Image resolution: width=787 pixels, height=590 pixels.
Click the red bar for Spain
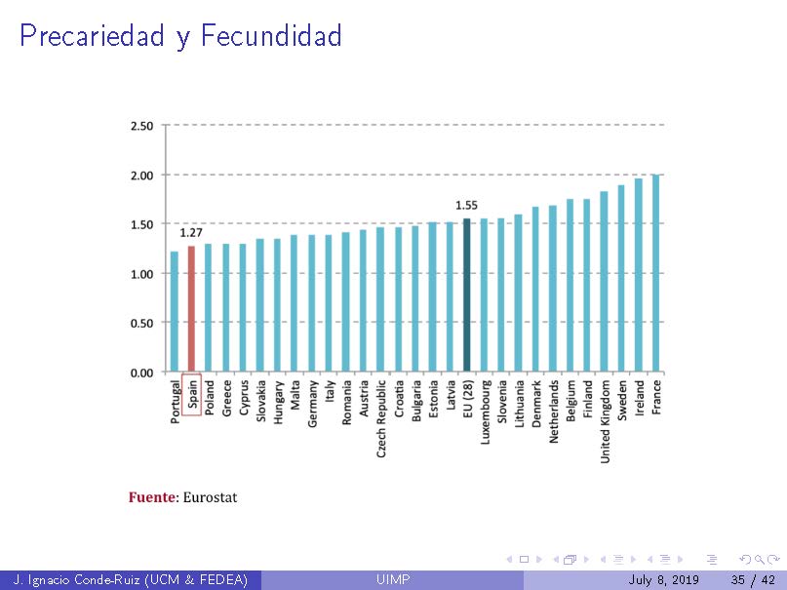coord(191,308)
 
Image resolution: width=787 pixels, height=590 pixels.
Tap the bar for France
coord(655,273)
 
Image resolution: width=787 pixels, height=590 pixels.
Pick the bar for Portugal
coord(175,311)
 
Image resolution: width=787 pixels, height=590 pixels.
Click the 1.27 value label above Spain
coord(191,233)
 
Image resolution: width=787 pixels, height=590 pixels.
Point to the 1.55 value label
coord(466,206)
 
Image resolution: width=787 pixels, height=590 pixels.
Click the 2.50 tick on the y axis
coord(141,126)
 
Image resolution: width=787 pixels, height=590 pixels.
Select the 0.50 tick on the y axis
coord(141,323)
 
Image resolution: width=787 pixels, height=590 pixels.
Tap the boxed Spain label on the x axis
coord(192,394)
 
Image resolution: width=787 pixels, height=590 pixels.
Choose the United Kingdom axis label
coord(605,420)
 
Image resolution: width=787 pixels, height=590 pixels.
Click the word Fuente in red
coord(151,497)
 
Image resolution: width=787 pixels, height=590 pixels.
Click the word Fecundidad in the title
coord(272,37)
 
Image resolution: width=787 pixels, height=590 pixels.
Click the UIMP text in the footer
coord(393,581)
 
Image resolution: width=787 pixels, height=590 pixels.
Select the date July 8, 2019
coord(664,581)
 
